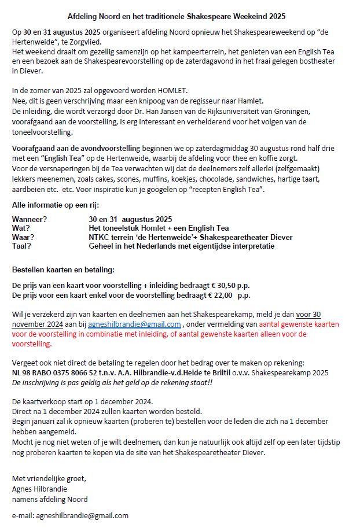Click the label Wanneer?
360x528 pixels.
(30, 219)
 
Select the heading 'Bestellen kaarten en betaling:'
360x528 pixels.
(64, 270)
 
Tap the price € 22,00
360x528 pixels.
(220, 295)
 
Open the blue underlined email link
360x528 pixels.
(134, 324)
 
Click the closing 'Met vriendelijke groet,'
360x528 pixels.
(49, 478)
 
